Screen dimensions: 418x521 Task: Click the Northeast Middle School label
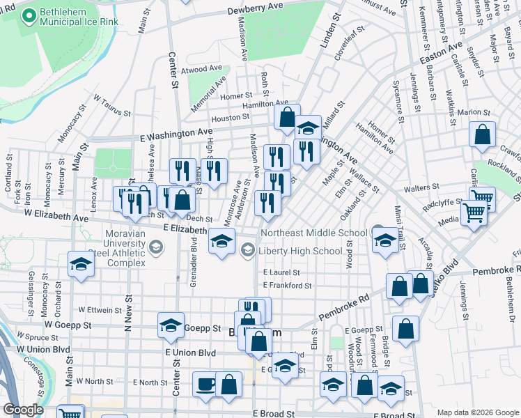pos(314,233)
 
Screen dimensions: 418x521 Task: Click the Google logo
pos(23,410)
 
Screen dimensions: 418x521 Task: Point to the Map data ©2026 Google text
pos(478,412)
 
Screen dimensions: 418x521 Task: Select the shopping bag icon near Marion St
pos(482,134)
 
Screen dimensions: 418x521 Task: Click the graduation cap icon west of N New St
pos(81,264)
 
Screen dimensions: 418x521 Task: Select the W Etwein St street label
pos(100,309)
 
